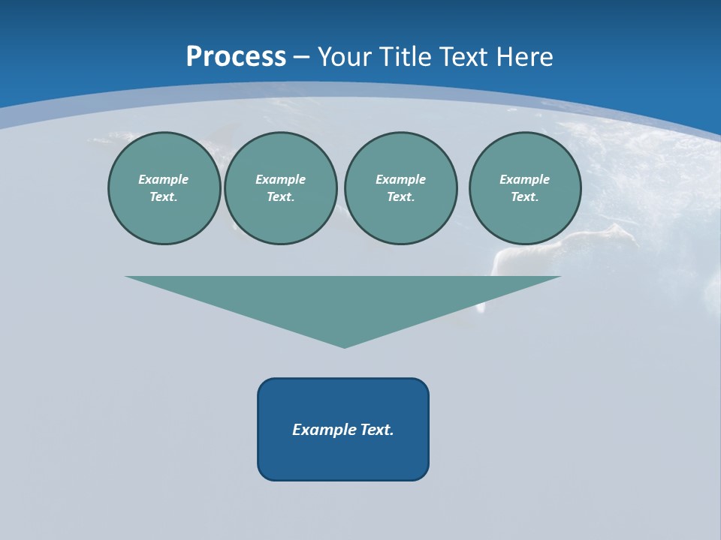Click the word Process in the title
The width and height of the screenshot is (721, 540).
236,57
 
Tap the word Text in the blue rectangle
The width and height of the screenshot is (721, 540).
378,430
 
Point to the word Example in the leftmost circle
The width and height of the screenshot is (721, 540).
164,179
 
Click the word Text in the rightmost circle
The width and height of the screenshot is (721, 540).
524,197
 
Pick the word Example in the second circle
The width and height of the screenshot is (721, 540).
281,179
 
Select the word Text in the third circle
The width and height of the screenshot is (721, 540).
400,197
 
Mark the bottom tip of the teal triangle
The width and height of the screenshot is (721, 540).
344,346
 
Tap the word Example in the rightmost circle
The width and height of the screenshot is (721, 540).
525,179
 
